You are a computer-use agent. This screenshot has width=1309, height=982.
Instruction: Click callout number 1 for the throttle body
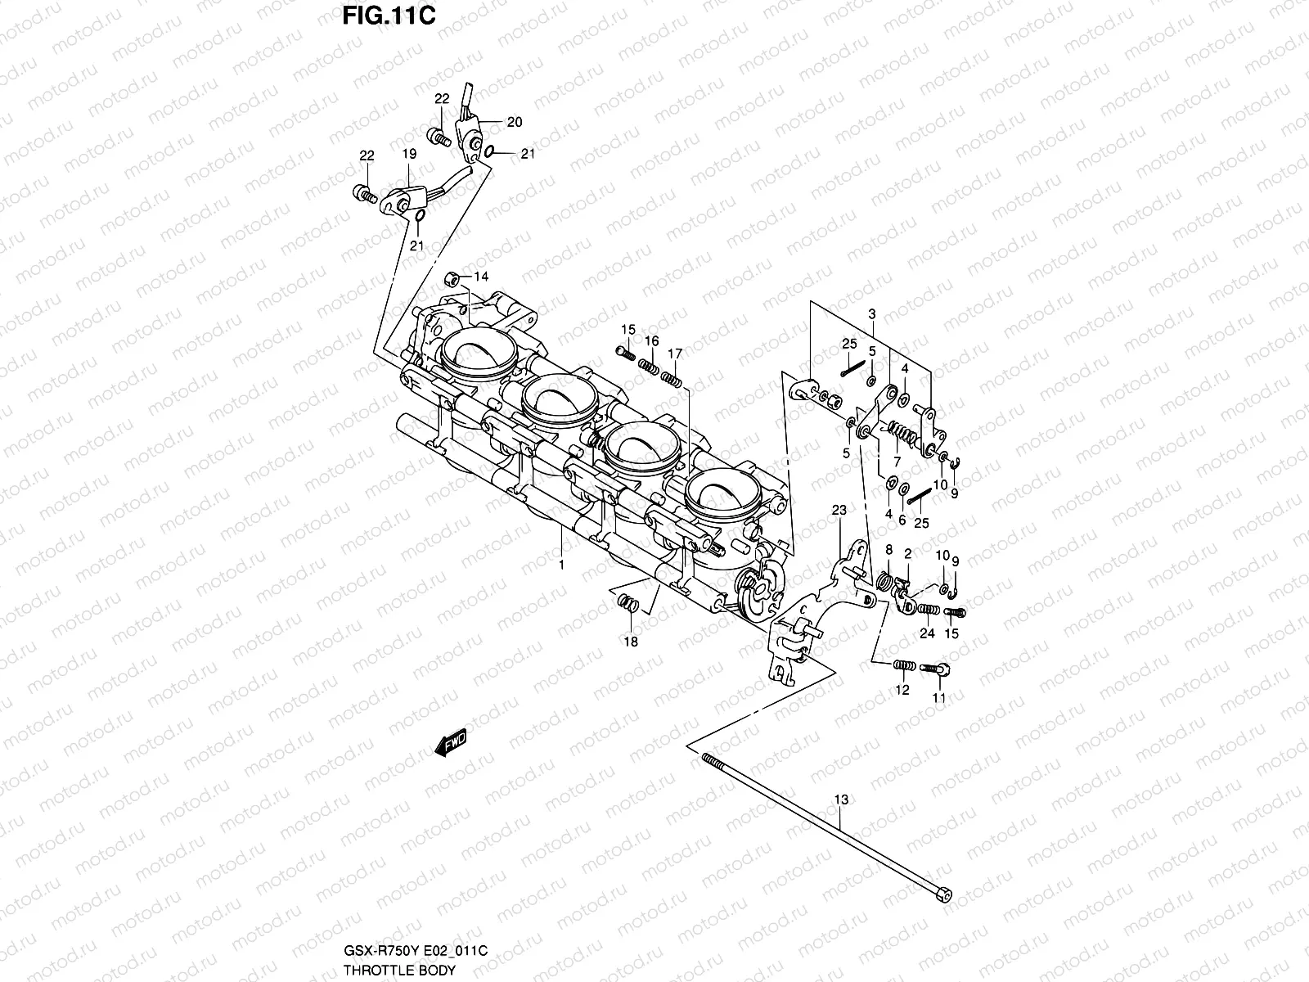pyautogui.click(x=561, y=565)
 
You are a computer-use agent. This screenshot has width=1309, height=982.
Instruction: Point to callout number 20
pyautogui.click(x=514, y=123)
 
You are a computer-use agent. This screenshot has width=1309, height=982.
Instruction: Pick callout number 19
pyautogui.click(x=409, y=154)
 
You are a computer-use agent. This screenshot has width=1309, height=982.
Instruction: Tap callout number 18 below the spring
pyautogui.click(x=630, y=642)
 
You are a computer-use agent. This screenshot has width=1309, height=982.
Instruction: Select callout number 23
pyautogui.click(x=839, y=511)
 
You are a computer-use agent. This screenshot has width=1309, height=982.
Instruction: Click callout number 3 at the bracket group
pyautogui.click(x=872, y=314)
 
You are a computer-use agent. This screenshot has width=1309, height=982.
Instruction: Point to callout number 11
pyautogui.click(x=938, y=697)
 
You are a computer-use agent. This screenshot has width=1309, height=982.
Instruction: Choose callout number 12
pyautogui.click(x=902, y=690)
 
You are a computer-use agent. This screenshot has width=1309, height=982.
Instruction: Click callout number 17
pyautogui.click(x=674, y=354)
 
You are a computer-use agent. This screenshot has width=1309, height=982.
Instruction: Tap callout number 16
pyautogui.click(x=651, y=340)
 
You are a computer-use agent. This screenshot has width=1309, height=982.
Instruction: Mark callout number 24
pyautogui.click(x=926, y=633)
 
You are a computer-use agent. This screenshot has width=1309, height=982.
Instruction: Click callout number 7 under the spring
pyautogui.click(x=897, y=462)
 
